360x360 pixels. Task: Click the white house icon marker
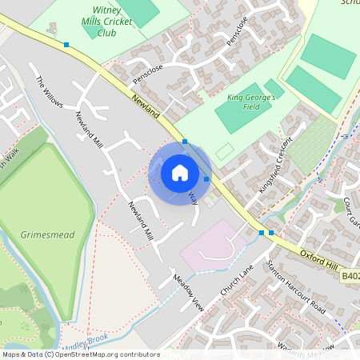(180, 172)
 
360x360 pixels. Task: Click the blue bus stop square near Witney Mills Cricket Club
(66, 46)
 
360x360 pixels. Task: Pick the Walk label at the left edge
(10, 158)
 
